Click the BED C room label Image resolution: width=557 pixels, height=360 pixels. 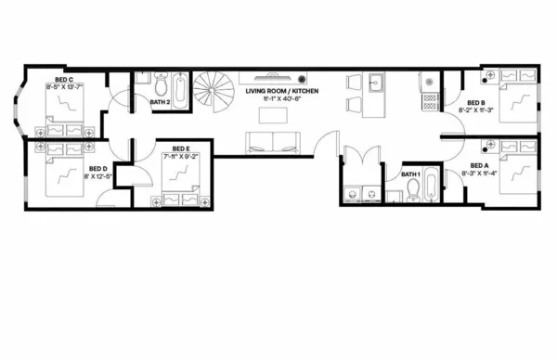[64, 81]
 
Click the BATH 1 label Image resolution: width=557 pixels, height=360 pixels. [410, 174]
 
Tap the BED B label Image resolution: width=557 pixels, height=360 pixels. [476, 102]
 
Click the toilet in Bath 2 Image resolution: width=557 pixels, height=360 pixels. [160, 84]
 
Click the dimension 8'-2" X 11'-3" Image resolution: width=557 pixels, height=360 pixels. [476, 110]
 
